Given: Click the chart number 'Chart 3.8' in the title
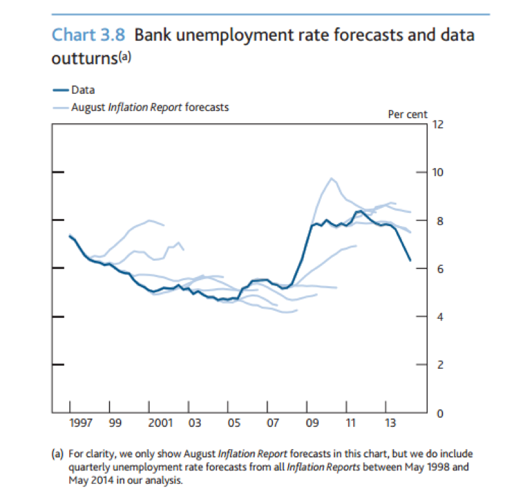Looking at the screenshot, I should coord(88,34).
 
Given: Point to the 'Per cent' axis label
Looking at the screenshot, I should coord(408,114).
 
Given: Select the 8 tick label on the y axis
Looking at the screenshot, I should coord(435,220).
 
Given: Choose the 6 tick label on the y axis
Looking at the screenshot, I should coord(435,269).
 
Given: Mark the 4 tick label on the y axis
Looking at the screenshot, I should coord(435,317).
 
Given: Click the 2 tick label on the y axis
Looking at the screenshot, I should coord(435,365).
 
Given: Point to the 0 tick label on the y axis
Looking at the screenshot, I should coord(435,413).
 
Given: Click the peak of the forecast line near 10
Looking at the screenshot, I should coord(332,178).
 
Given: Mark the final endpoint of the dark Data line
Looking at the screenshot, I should coord(411,261).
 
